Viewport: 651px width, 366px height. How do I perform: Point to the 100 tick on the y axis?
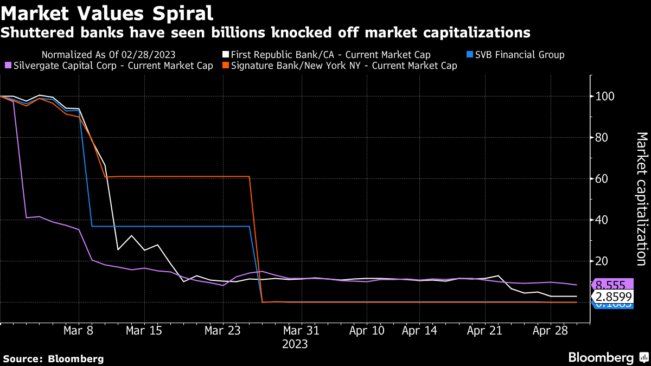(603, 97)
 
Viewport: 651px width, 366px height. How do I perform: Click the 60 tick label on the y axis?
(601, 179)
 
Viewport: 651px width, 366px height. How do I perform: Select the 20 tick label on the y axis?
(601, 261)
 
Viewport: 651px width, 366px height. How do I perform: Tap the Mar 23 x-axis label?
(222, 331)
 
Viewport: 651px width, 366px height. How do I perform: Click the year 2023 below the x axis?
(295, 344)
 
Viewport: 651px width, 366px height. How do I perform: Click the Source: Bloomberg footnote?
(53, 358)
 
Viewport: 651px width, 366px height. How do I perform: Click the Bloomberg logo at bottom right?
(608, 357)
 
